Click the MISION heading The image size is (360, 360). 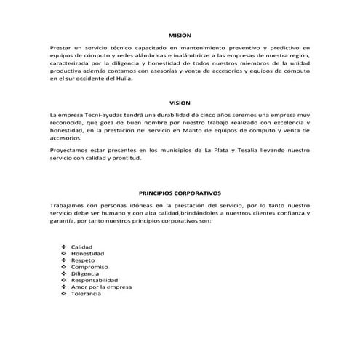(179, 35)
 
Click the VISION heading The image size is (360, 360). (179, 103)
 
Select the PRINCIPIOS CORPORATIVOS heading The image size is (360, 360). (179, 193)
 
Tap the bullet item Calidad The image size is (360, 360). (81, 247)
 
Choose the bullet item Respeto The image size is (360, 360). (83, 260)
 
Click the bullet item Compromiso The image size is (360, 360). (89, 267)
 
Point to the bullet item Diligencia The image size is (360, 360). (85, 273)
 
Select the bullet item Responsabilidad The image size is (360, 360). (94, 280)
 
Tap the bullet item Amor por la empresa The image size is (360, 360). (101, 287)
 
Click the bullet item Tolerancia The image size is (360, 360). (86, 293)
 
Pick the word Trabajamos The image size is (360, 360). (70, 205)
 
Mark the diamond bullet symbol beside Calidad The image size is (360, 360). (64, 247)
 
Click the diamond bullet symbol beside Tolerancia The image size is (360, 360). (64, 293)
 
